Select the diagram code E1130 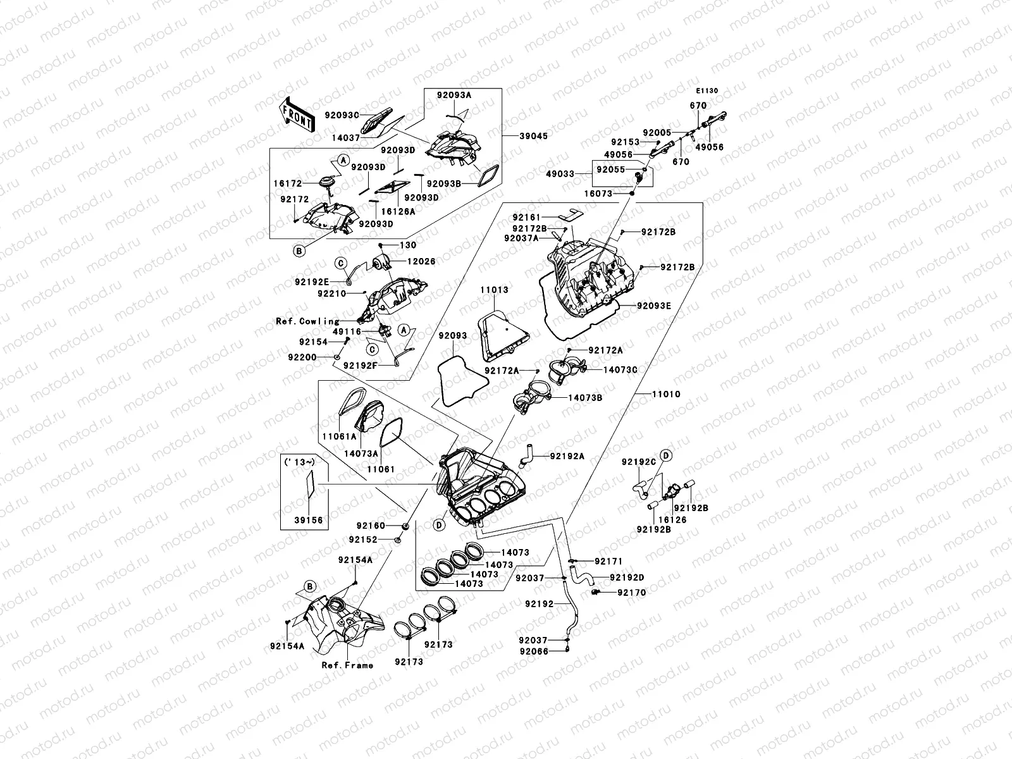tap(708, 91)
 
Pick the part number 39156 tap(309, 520)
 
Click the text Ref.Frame tap(347, 665)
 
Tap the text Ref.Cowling tap(307, 321)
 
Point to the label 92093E tap(654, 305)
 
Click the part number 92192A tap(567, 455)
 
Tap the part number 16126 tap(672, 520)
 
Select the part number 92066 tap(534, 651)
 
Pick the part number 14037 tap(346, 137)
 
